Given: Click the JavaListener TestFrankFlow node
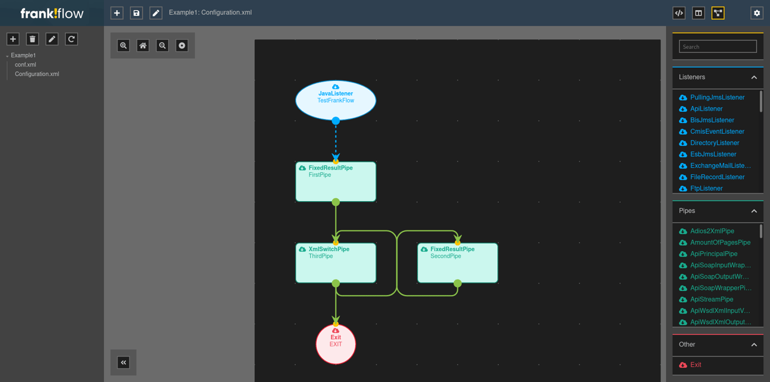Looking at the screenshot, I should point(336,100).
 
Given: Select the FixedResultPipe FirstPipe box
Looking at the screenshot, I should point(336,182).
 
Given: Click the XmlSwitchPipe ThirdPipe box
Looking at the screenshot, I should point(336,263).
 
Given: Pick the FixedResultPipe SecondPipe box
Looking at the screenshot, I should point(457,263).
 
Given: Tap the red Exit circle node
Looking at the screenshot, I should point(336,344).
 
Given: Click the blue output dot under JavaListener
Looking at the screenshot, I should point(336,121).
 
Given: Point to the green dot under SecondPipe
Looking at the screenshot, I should point(457,284).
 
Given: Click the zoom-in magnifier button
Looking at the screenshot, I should point(124,46).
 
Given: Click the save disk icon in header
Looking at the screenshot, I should point(136,13).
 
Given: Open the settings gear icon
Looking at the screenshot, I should point(756,13).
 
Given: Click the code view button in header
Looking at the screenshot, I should point(679,13).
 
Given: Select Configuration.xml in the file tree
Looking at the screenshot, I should point(37,74).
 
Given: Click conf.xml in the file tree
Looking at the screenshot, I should point(26,65).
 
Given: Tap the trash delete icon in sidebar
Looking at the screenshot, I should point(33,39).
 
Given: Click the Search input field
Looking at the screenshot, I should point(718,46).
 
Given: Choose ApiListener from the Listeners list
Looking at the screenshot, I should point(706,109).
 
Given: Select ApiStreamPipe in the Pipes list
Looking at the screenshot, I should point(711,299).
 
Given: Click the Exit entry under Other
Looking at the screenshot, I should point(695,365).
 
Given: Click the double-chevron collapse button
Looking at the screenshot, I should point(124,362).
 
